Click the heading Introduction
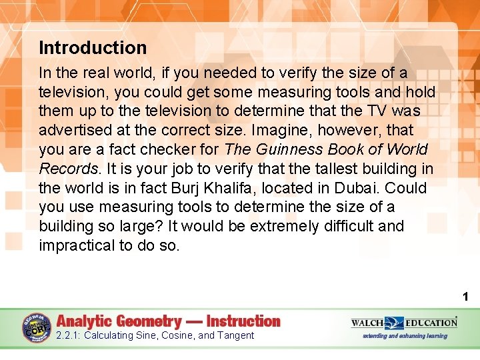93,48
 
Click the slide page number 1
465,296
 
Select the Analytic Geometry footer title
169,321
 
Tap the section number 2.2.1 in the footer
67,335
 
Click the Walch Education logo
405,323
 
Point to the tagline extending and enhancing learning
405,335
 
